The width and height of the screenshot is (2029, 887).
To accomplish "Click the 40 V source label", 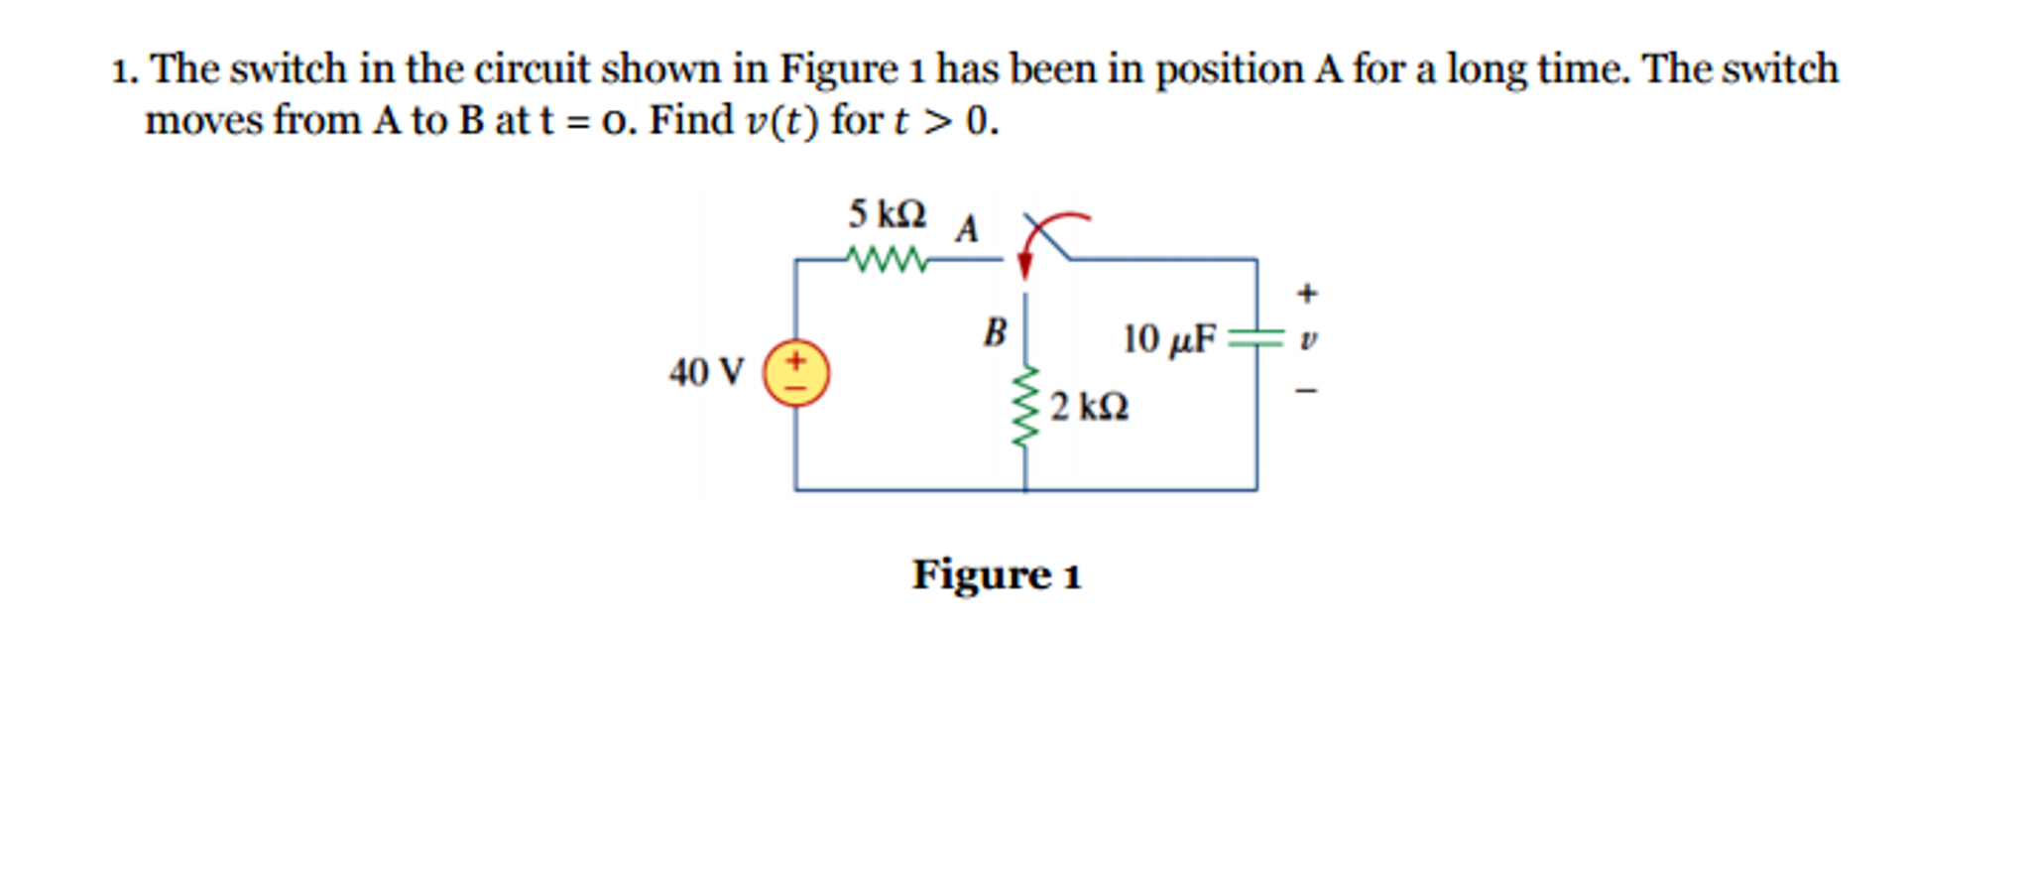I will click(705, 373).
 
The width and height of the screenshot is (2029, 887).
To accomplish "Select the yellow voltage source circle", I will click(795, 373).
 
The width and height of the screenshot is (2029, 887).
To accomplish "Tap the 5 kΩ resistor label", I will click(887, 213).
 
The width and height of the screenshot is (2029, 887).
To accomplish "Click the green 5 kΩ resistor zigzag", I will click(889, 260).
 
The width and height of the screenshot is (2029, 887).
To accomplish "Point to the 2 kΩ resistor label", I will click(1089, 407).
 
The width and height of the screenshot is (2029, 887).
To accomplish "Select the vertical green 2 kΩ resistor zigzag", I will click(1025, 407).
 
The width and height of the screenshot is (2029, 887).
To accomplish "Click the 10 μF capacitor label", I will click(1168, 339).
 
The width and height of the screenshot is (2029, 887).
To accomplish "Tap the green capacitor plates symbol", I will click(1255, 338).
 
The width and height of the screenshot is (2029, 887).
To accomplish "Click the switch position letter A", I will click(967, 229).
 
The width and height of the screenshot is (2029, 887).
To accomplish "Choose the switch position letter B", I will click(995, 331).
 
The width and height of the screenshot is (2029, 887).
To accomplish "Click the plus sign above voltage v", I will click(1307, 293).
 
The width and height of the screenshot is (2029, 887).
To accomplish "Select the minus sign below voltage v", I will click(1307, 391).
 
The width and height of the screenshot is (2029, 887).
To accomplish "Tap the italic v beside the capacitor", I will click(1308, 339).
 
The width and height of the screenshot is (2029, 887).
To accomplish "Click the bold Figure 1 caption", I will click(996, 574).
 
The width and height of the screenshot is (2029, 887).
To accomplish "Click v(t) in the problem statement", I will click(781, 121).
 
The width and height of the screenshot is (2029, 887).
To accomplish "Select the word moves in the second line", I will click(203, 121).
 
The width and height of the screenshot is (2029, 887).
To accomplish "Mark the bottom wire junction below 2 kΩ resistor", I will click(1025, 489).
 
